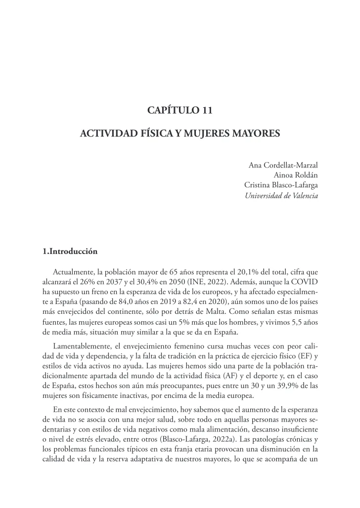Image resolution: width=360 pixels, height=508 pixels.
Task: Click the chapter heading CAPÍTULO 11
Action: click(180, 110)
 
